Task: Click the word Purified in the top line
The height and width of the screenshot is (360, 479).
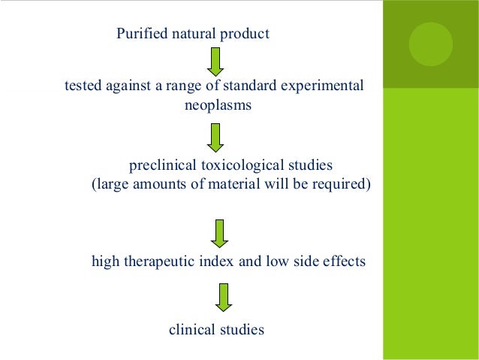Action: click(139, 34)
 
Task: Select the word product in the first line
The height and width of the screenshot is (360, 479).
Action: click(246, 34)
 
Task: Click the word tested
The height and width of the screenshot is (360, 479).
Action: click(83, 86)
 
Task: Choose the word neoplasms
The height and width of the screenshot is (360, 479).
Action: click(218, 105)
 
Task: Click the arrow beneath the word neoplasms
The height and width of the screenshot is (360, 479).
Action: click(216, 137)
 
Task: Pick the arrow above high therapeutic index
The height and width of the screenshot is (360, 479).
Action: click(219, 234)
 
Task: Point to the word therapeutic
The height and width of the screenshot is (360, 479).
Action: click(161, 262)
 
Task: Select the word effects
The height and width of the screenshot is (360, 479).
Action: click(344, 262)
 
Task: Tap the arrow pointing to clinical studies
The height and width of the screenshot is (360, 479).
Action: click(222, 296)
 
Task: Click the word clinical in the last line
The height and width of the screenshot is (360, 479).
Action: click(191, 329)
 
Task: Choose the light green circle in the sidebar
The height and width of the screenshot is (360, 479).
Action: click(430, 44)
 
